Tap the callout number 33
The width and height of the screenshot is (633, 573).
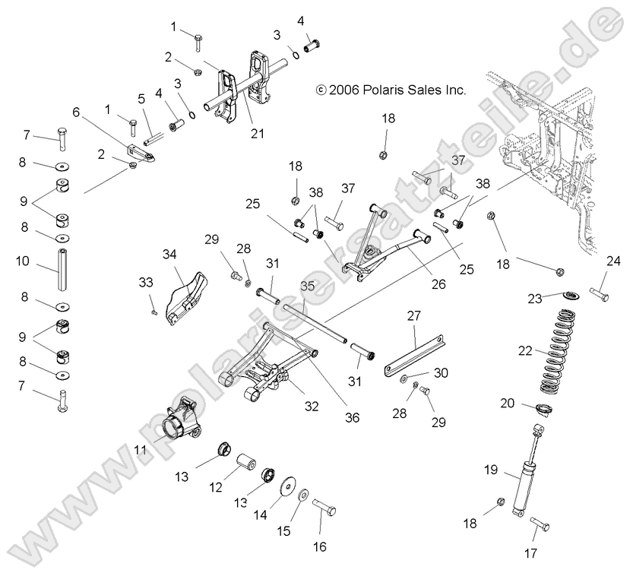[x=146, y=282]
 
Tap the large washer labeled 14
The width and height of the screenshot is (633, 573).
[x=289, y=487]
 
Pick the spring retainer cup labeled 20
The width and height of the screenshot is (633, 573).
[x=545, y=409]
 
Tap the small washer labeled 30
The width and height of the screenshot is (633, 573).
[x=403, y=377]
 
